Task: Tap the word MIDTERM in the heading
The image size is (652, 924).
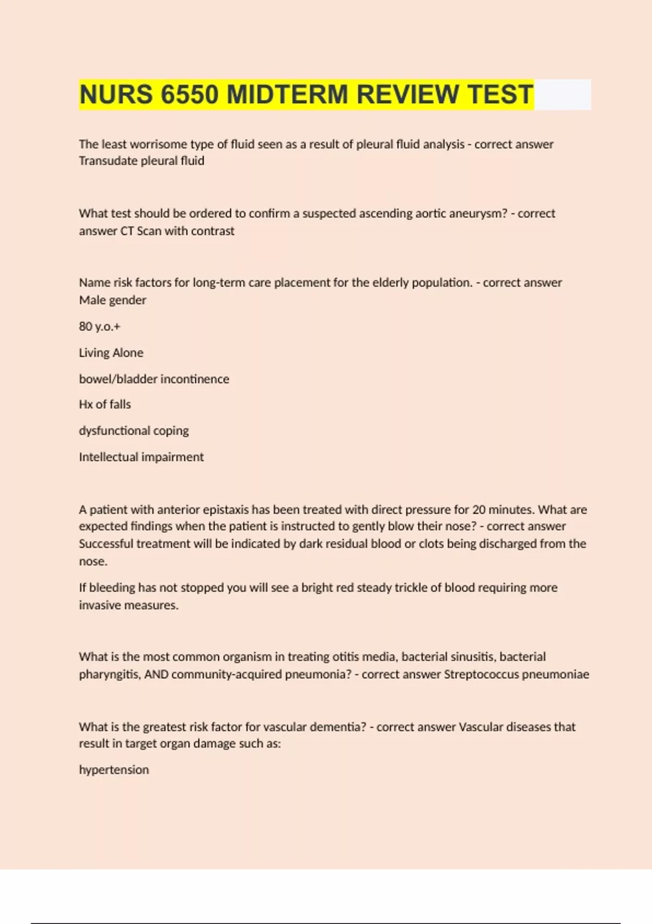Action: (x=287, y=94)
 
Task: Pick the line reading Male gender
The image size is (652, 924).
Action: (x=112, y=300)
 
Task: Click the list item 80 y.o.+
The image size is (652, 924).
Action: (x=99, y=326)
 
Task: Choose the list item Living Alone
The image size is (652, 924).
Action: (x=111, y=353)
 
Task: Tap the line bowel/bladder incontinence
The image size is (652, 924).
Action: (x=154, y=379)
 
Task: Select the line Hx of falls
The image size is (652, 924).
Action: (x=105, y=404)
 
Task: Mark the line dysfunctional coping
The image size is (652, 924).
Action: (x=134, y=430)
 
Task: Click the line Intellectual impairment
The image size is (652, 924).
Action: (x=141, y=457)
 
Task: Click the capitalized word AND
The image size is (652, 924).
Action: (x=156, y=675)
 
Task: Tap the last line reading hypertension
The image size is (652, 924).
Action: (x=114, y=770)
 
